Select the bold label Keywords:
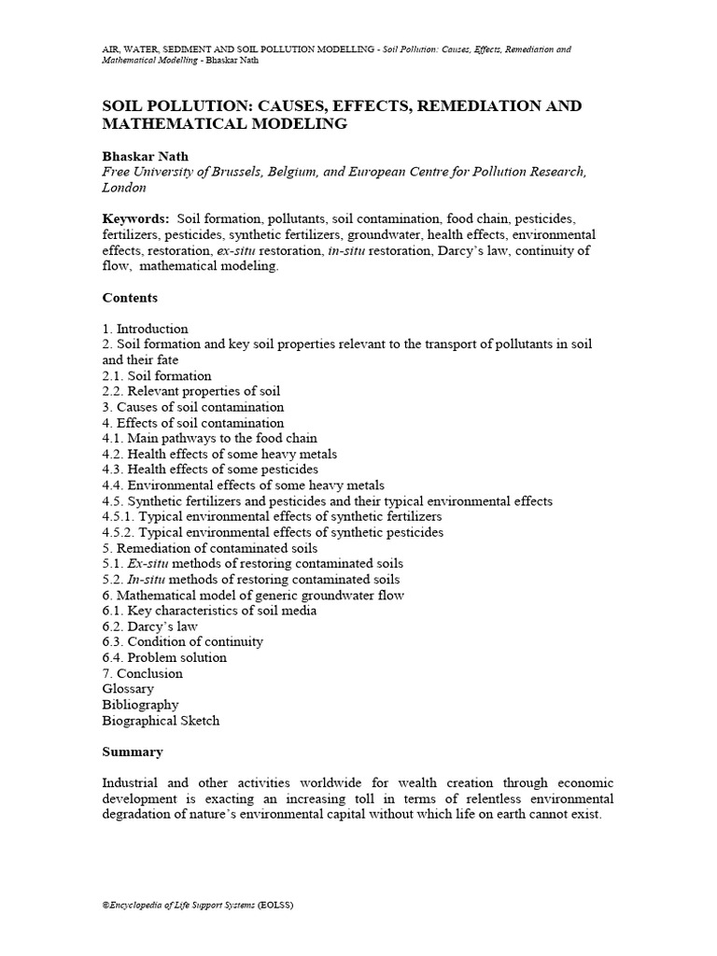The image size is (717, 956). click(x=135, y=218)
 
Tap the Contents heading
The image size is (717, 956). click(x=130, y=298)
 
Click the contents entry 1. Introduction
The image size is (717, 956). click(x=146, y=329)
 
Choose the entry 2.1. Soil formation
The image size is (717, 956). click(x=157, y=375)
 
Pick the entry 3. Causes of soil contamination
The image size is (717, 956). click(x=193, y=407)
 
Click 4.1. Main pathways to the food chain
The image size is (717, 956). click(x=210, y=438)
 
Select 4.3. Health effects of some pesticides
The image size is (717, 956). click(x=210, y=470)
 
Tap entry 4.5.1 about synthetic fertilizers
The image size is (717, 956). click(x=273, y=516)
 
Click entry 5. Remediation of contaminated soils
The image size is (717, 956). click(x=210, y=548)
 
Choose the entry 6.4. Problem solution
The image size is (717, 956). click(x=164, y=657)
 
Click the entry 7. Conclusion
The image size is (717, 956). click(x=143, y=673)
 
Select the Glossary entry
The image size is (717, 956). click(x=128, y=689)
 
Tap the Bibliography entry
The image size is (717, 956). click(x=140, y=705)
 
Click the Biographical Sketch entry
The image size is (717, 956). click(x=161, y=721)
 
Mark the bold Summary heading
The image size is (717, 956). click(x=133, y=752)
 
